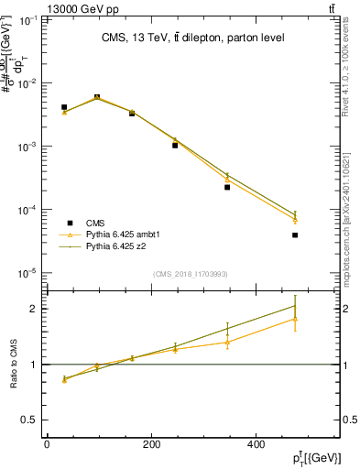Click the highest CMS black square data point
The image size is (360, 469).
click(97, 97)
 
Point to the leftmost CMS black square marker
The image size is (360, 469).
click(64, 107)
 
